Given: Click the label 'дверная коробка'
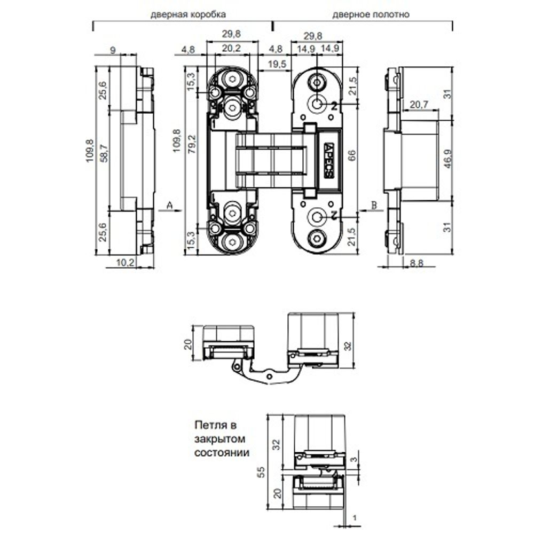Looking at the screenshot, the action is pyautogui.click(x=188, y=14).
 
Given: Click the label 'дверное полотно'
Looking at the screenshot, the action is pyautogui.click(x=371, y=14).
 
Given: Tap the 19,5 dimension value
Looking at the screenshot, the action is pyautogui.click(x=277, y=64).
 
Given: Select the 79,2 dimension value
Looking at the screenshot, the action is pyautogui.click(x=192, y=144).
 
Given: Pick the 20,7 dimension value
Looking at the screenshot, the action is pyautogui.click(x=419, y=105).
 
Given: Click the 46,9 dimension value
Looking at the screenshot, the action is pyautogui.click(x=448, y=159).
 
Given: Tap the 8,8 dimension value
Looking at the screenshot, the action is pyautogui.click(x=417, y=263).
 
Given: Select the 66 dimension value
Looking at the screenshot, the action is pyautogui.click(x=352, y=155).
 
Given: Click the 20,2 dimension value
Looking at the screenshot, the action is pyautogui.click(x=231, y=49).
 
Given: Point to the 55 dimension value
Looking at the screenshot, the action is pyautogui.click(x=261, y=472).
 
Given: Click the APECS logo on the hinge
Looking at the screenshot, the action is pyautogui.click(x=328, y=160).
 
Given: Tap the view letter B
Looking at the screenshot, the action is pyautogui.click(x=374, y=205).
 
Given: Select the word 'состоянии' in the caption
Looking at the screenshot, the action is pyautogui.click(x=222, y=453).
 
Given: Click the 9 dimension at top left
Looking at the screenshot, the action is pyautogui.click(x=113, y=50).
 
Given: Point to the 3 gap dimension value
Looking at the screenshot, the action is pyautogui.click(x=354, y=459).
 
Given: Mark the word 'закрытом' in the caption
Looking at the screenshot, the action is pyautogui.click(x=219, y=439).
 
